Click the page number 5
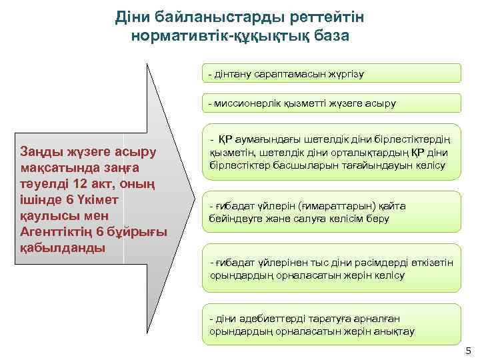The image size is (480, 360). tap(468, 351)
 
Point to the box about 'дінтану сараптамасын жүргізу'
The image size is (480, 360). tap(331, 73)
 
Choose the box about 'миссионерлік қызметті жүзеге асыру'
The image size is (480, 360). tap(331, 103)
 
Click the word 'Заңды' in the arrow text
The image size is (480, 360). tap(42, 152)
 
